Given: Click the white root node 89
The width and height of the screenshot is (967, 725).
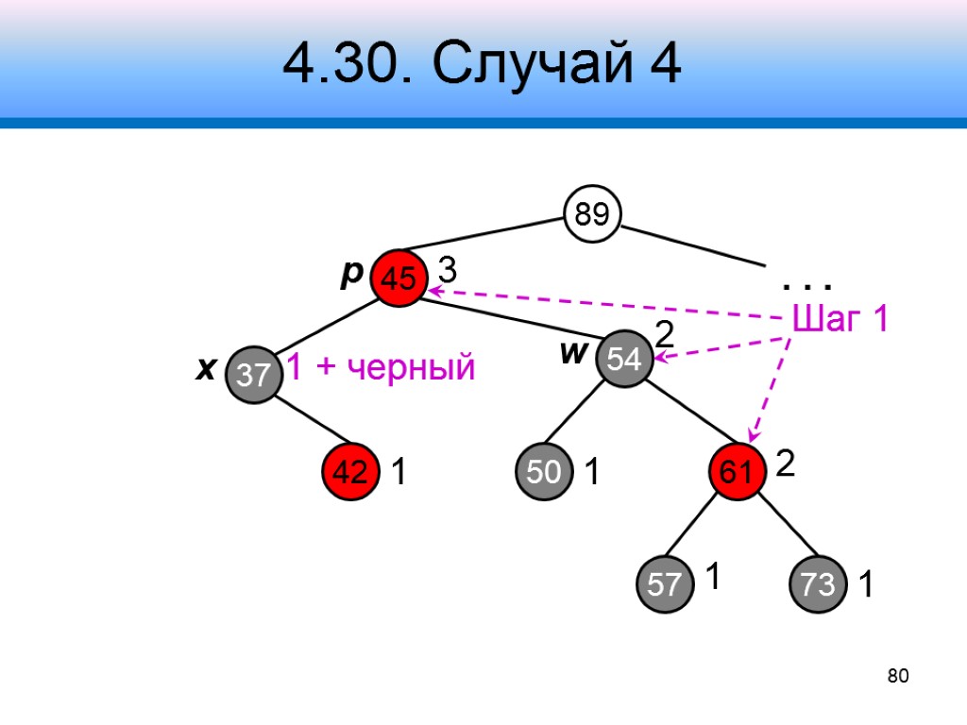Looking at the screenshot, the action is tap(592, 214).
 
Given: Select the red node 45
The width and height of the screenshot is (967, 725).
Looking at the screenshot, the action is tap(399, 278).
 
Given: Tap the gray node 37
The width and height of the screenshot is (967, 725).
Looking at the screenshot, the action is tap(254, 375).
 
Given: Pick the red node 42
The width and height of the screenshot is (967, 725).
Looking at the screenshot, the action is tap(350, 472).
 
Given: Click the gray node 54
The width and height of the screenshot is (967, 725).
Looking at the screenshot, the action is tap(624, 359).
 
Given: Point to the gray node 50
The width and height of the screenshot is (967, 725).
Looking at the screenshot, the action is tap(543, 472).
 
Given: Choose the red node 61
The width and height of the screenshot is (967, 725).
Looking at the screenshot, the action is tap(738, 472).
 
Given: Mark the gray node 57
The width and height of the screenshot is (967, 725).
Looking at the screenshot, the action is tap(664, 584).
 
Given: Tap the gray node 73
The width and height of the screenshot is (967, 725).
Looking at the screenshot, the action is tap(819, 584).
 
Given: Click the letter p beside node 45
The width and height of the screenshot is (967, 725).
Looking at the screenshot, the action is tap(351, 273).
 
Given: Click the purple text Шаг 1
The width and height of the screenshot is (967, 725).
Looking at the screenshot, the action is tap(840, 320).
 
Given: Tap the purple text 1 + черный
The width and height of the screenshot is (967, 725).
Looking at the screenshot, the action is tap(380, 367).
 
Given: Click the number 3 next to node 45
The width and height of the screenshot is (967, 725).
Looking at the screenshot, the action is tap(448, 271).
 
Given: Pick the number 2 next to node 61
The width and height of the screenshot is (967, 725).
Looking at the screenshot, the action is tap(786, 463).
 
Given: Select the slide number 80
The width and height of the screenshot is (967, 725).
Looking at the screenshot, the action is tap(897, 675).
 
